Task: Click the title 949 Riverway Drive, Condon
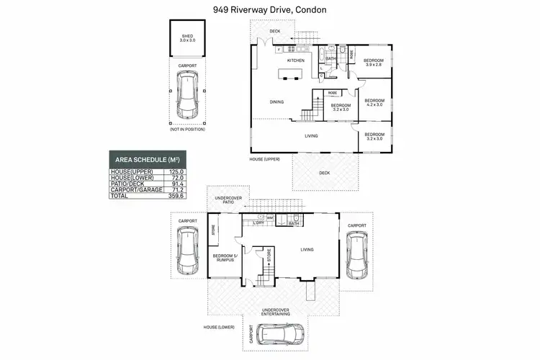pos(269,10)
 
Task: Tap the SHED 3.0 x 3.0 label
pos(187,37)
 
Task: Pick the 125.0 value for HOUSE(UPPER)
pos(176,171)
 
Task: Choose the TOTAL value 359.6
pos(176,195)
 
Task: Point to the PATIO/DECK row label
pos(127,183)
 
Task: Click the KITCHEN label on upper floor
pos(296,60)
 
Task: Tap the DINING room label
pos(276,102)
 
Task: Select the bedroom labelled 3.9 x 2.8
pos(373,62)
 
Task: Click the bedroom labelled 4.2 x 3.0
pos(374,102)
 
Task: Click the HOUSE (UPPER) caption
pos(264,158)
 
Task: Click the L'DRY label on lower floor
pos(258,223)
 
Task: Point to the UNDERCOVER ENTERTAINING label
pos(276,312)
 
